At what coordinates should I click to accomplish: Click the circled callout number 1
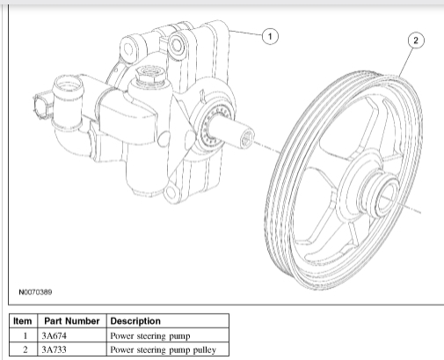pyautogui.click(x=270, y=36)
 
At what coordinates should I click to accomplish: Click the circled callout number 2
pyautogui.click(x=416, y=40)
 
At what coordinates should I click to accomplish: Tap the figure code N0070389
pyautogui.click(x=35, y=292)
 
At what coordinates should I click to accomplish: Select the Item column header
pyautogui.click(x=23, y=321)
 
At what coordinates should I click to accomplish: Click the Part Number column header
pyautogui.click(x=72, y=321)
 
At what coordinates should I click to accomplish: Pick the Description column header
pyautogui.click(x=135, y=321)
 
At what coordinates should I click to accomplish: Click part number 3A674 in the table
pyautogui.click(x=54, y=335)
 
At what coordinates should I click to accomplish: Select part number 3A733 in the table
pyautogui.click(x=54, y=349)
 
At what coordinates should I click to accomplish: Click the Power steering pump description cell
pyautogui.click(x=150, y=335)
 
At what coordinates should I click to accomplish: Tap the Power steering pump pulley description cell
pyautogui.click(x=164, y=349)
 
